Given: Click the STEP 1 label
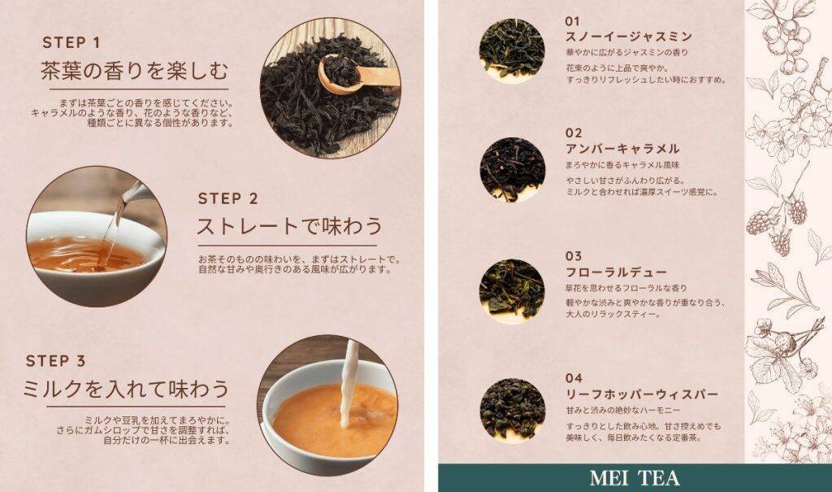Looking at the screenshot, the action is pyautogui.click(x=71, y=42).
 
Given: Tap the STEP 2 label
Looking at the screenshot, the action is pyautogui.click(x=227, y=198).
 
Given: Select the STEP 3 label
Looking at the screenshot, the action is pyautogui.click(x=56, y=361).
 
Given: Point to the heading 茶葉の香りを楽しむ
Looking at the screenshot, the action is pyautogui.click(x=134, y=71).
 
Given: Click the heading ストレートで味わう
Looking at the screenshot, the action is pyautogui.click(x=290, y=226).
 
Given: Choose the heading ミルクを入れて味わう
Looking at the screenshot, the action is pyautogui.click(x=126, y=389).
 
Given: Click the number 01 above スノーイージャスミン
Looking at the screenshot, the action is pyautogui.click(x=573, y=21).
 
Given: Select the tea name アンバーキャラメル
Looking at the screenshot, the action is pyautogui.click(x=622, y=148).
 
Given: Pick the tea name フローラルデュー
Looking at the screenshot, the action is pyautogui.click(x=616, y=272).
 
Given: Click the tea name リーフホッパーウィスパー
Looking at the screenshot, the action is pyautogui.click(x=642, y=394).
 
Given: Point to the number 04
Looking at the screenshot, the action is pyautogui.click(x=574, y=378).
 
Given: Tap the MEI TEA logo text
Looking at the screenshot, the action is pyautogui.click(x=635, y=478).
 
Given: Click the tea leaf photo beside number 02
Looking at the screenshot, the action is pyautogui.click(x=512, y=170).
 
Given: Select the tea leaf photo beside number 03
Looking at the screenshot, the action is pyautogui.click(x=512, y=291).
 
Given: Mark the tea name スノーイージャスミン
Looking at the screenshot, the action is pyautogui.click(x=629, y=36).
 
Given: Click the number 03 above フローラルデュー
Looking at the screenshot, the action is pyautogui.click(x=573, y=256).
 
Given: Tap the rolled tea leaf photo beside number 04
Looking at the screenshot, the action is pyautogui.click(x=512, y=410).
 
